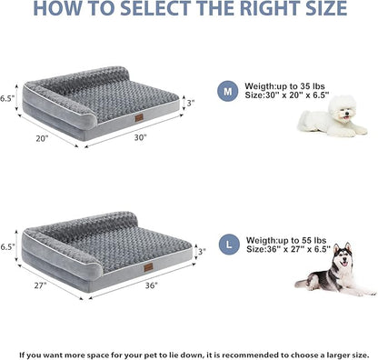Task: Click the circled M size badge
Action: tap(227, 92)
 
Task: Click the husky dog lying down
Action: tap(334, 269)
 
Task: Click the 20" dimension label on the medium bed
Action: tap(42, 140)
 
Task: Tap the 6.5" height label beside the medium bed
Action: tap(8, 96)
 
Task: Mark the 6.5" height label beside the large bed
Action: tap(8, 245)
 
